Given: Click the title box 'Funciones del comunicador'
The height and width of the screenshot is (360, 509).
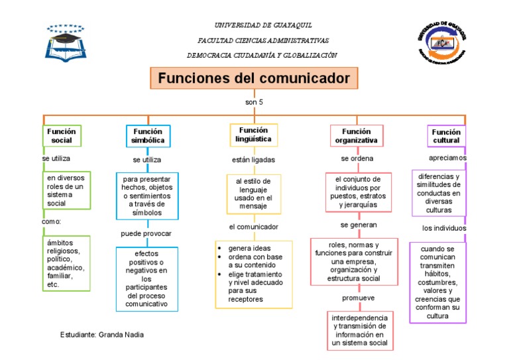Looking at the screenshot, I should click(x=254, y=78).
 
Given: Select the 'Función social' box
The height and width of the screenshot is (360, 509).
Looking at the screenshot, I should click(x=62, y=135).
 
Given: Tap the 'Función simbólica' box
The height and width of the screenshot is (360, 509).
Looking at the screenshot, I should click(x=148, y=136).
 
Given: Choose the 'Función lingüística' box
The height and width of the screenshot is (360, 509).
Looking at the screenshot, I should click(x=254, y=135).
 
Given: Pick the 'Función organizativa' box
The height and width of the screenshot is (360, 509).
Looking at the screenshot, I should click(x=357, y=136).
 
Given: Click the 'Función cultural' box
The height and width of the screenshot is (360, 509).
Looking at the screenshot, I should click(x=446, y=136).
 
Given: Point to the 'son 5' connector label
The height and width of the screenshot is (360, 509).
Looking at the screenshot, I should click(x=254, y=102).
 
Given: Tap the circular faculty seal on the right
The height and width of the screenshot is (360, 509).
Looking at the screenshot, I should click(x=442, y=42).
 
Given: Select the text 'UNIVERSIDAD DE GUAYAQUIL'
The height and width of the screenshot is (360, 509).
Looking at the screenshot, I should click(x=263, y=25).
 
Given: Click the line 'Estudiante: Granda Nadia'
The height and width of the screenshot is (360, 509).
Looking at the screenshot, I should click(x=101, y=335).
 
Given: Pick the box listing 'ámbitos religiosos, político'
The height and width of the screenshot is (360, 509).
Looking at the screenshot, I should click(x=66, y=263).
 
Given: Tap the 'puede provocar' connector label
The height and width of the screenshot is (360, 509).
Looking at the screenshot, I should click(x=146, y=233).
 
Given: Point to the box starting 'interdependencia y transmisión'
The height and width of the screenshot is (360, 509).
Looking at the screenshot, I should click(x=360, y=330).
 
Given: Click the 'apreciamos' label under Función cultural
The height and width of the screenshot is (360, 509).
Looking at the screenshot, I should click(x=447, y=158).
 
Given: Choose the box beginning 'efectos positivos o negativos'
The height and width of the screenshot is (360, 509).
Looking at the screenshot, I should click(x=146, y=279).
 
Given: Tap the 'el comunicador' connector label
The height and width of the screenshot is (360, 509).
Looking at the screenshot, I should click(x=253, y=227).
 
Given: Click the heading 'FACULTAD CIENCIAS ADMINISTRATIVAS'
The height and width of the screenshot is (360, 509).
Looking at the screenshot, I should click(x=263, y=40).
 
